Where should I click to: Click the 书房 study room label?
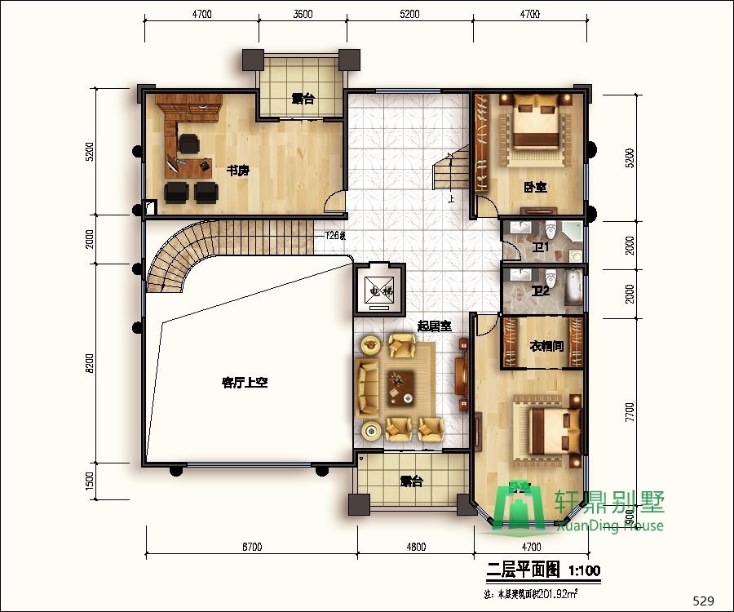(x=237, y=171)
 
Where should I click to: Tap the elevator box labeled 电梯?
(x=376, y=290)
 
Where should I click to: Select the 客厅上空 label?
(x=245, y=382)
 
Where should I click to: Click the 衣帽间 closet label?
(x=547, y=347)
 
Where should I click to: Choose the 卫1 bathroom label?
(x=541, y=247)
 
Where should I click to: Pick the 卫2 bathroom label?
(x=541, y=290)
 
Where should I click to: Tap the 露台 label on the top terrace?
(x=303, y=100)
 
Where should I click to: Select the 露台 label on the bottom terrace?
(x=412, y=481)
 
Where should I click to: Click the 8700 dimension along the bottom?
(x=251, y=548)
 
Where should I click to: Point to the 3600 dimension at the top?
(x=303, y=14)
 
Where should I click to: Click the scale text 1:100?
(x=584, y=569)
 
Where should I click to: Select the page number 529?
(x=703, y=601)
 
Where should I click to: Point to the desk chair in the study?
(x=189, y=144)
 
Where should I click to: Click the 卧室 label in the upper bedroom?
(x=535, y=188)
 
